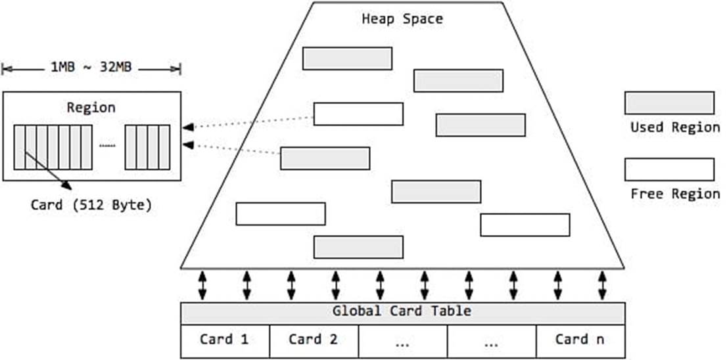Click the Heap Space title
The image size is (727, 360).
[x=402, y=18]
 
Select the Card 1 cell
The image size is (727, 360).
[x=225, y=340]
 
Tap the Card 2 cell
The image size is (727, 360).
[x=314, y=340]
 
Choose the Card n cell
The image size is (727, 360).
[x=580, y=340]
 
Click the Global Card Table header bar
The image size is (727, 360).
[x=402, y=311]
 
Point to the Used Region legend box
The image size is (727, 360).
[x=669, y=103]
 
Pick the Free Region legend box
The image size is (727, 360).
[x=669, y=169]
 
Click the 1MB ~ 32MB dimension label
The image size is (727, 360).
[x=91, y=68]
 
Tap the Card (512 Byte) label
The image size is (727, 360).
[x=91, y=204]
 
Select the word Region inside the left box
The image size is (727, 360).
[x=91, y=108]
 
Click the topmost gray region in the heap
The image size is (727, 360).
[x=347, y=58]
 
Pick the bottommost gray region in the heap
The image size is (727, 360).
[x=358, y=247]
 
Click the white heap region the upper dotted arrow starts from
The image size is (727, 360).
[x=358, y=114]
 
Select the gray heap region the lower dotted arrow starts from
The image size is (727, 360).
[x=325, y=158]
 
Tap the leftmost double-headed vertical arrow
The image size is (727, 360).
[x=202, y=285]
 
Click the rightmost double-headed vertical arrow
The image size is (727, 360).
[x=602, y=285]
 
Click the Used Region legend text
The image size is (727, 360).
[x=675, y=127]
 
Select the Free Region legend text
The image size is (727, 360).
[x=675, y=194]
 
